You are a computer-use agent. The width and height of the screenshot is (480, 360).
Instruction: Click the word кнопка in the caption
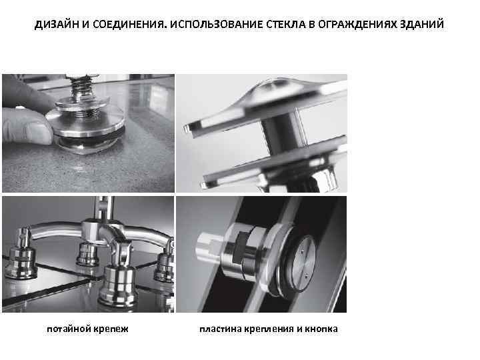[321, 329]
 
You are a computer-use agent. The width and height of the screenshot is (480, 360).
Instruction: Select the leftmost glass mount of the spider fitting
[21, 255]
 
